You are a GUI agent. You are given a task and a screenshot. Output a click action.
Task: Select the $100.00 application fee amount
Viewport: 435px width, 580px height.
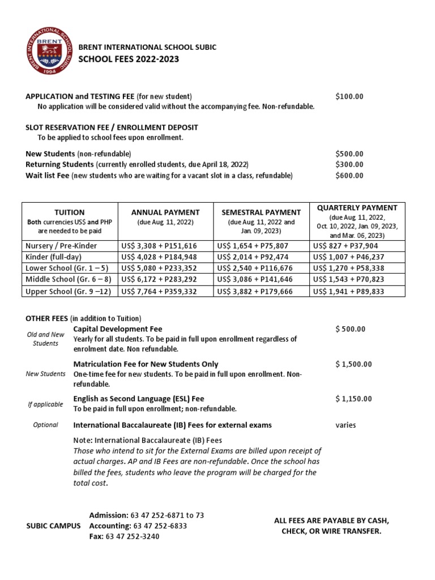click(x=349, y=96)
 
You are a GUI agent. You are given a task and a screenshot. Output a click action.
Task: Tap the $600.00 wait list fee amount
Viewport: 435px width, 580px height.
click(x=349, y=176)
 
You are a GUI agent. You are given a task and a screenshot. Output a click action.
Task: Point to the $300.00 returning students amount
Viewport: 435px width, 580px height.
click(x=349, y=164)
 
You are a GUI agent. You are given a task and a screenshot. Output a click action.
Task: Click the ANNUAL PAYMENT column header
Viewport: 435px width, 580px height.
click(x=165, y=212)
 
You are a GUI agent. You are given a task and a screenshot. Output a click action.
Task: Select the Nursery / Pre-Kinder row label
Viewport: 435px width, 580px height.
click(x=61, y=246)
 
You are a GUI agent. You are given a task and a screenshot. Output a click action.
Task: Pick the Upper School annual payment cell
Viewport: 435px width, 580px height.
click(x=159, y=292)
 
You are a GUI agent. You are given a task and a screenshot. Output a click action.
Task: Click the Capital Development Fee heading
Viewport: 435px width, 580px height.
click(x=118, y=329)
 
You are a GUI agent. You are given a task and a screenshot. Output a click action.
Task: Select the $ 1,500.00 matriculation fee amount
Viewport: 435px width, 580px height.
click(x=353, y=364)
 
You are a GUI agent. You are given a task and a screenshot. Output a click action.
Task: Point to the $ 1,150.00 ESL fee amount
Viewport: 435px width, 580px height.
click(x=353, y=399)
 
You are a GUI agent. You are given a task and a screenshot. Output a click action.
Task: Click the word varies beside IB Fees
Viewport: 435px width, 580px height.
click(x=346, y=425)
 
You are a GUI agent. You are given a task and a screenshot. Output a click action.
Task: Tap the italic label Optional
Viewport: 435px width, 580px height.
click(x=45, y=425)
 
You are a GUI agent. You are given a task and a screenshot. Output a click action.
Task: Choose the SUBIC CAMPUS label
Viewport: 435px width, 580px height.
click(x=53, y=526)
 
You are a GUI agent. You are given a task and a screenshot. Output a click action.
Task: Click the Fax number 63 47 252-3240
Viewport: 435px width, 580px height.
click(x=132, y=536)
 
